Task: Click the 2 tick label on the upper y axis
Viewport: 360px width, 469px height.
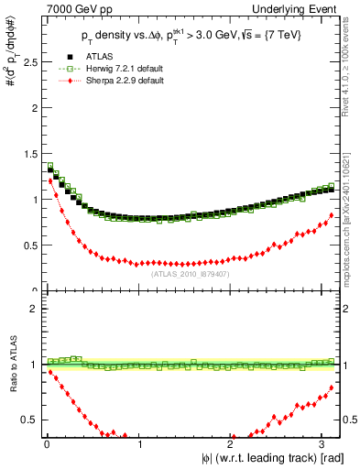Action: (x=33, y=107)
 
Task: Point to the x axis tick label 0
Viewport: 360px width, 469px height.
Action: (x=47, y=445)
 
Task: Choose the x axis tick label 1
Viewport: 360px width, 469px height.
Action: (x=138, y=445)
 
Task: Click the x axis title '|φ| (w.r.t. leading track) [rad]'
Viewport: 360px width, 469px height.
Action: (x=266, y=459)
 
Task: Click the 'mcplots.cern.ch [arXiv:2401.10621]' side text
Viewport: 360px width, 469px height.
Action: (x=352, y=217)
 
